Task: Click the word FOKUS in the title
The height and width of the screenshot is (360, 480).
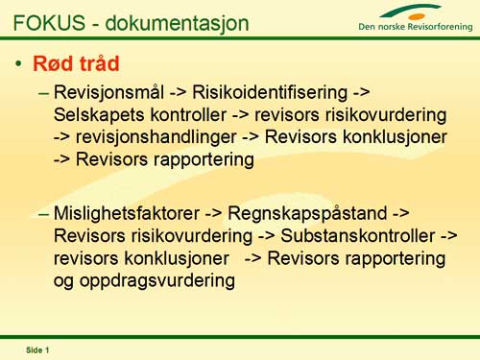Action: click(49, 23)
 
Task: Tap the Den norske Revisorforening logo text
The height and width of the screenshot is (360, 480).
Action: click(416, 27)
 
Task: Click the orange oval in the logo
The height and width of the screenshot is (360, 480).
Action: click(417, 16)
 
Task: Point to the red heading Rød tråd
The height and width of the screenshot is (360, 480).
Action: click(76, 63)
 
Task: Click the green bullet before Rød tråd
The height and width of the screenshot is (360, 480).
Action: click(19, 63)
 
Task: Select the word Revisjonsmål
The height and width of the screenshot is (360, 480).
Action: click(108, 93)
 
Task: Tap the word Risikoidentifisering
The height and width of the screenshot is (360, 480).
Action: click(270, 92)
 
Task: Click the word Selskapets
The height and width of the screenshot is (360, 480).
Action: click(99, 115)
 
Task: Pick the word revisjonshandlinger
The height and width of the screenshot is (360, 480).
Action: click(156, 137)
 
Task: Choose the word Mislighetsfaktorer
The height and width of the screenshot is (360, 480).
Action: click(127, 213)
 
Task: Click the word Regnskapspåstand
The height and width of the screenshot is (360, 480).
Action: click(307, 214)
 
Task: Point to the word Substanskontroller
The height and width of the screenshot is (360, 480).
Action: click(358, 235)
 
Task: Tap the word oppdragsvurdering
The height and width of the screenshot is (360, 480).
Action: click(157, 281)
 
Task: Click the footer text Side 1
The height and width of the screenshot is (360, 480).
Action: click(37, 350)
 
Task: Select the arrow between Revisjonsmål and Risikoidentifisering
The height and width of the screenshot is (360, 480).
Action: click(178, 93)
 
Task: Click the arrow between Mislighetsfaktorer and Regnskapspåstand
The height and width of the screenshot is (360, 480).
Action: click(213, 214)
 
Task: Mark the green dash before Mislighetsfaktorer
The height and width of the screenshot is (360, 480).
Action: click(43, 214)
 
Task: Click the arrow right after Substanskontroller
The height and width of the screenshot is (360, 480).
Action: click(449, 236)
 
